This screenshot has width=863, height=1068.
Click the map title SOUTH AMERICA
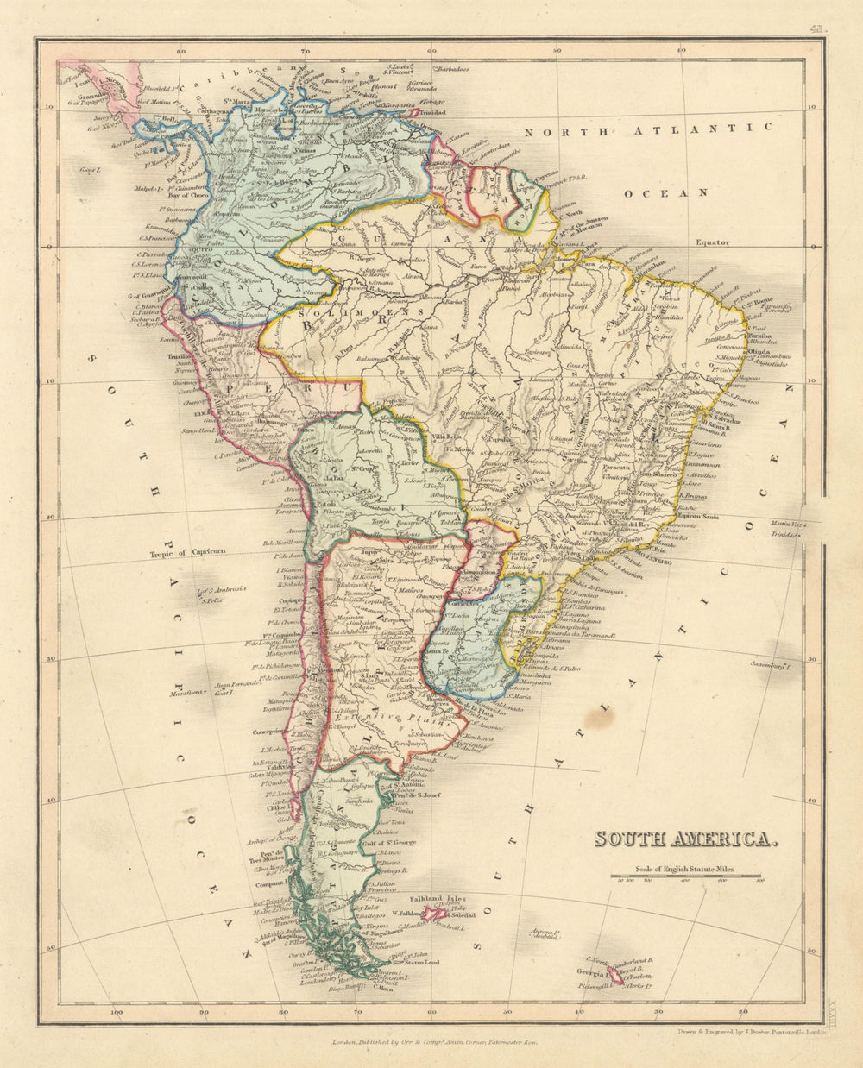[686, 839]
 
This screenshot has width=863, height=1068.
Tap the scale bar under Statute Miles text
[686, 876]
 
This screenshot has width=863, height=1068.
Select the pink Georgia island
[615, 975]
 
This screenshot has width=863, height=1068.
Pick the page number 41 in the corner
[816, 30]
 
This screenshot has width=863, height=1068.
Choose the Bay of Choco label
[186, 196]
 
